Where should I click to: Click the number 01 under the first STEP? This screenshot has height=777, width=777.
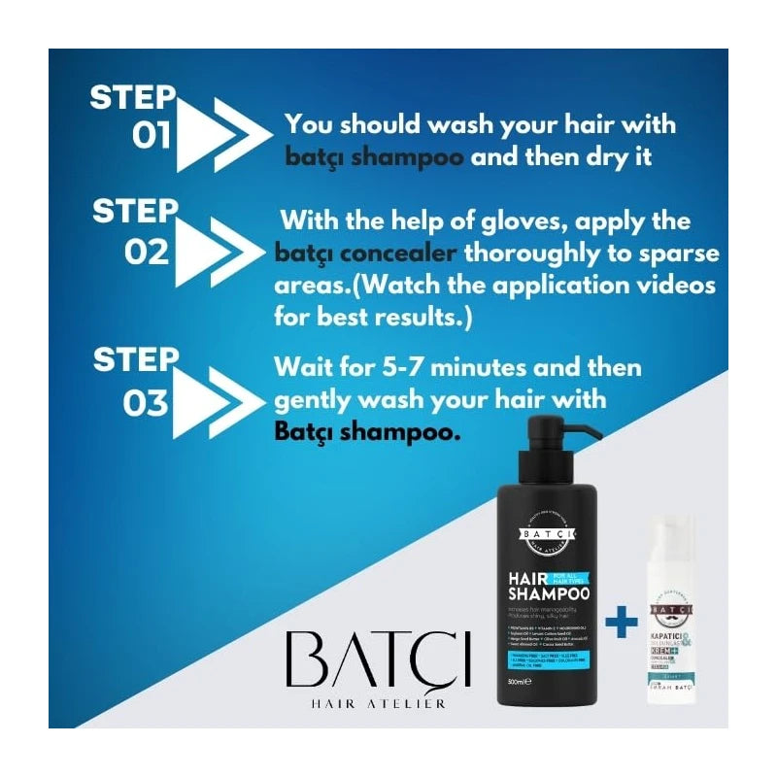(152, 135)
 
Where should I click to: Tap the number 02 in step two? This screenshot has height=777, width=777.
(148, 252)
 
